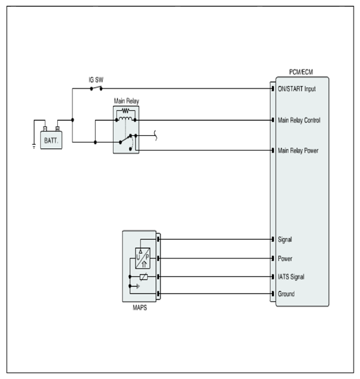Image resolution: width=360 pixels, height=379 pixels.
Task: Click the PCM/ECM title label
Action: (301, 72)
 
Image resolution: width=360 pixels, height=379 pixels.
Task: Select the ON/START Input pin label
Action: (296, 89)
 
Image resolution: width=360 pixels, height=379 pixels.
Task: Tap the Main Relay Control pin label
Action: (299, 120)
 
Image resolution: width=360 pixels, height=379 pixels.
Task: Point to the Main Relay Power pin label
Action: (298, 151)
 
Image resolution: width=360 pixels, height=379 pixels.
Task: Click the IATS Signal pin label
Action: (291, 277)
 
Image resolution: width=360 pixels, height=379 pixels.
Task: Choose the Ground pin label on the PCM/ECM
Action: (286, 294)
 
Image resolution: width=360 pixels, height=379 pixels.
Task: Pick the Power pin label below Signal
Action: (285, 258)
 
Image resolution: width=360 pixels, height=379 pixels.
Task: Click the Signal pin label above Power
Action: (285, 240)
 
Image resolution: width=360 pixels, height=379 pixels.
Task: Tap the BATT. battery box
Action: (51, 140)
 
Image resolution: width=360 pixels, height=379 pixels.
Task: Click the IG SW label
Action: (96, 80)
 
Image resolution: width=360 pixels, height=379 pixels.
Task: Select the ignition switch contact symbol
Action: (96, 88)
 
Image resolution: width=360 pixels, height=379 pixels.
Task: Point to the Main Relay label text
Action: (126, 101)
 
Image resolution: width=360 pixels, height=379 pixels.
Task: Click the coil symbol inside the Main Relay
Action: (126, 119)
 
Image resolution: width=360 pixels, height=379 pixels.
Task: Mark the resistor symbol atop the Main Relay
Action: (126, 111)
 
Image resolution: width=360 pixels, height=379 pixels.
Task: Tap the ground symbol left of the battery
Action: (34, 146)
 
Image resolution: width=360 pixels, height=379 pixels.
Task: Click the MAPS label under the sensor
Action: (140, 308)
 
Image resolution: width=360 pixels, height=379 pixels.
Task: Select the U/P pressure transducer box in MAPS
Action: (142, 258)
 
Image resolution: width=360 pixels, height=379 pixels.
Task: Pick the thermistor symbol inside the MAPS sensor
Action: (144, 277)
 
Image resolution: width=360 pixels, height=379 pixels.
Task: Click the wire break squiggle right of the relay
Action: (155, 135)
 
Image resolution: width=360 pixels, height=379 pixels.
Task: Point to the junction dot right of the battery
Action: (73, 120)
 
